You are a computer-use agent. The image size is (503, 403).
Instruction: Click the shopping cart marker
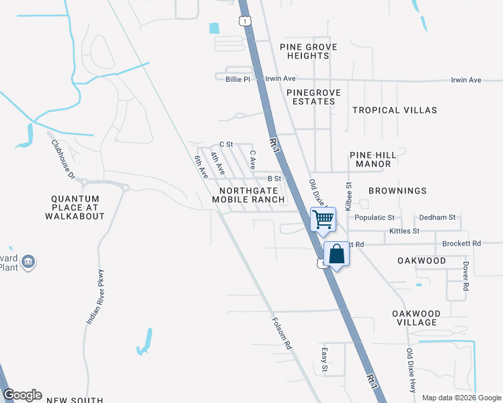coord(323,219)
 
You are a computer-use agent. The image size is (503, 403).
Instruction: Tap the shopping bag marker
coord(337,255)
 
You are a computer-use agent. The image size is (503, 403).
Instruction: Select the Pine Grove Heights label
coord(309,51)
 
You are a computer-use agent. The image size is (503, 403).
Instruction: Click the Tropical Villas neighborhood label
coord(395,110)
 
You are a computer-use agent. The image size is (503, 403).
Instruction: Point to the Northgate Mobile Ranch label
coord(248,194)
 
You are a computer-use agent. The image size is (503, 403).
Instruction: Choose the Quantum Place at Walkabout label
coord(75,208)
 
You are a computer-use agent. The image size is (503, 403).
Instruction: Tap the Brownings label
coord(397,191)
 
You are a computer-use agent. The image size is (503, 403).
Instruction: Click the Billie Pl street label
coord(237,79)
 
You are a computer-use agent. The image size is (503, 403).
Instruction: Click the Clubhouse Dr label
coord(62,159)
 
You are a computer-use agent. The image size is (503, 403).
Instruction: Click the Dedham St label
coord(437,218)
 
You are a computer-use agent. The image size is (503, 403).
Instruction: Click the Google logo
coord(22,395)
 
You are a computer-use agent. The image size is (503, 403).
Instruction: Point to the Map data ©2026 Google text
coord(461,398)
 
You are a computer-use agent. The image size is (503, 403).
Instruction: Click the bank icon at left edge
coord(28,262)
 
